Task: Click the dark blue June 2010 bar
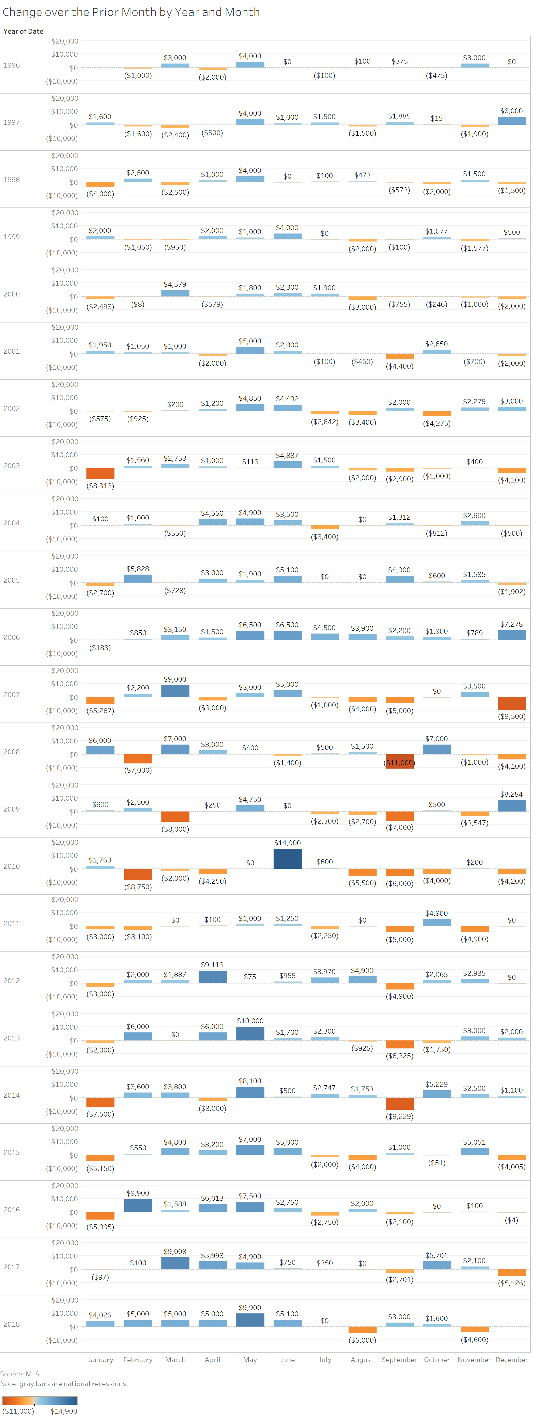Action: click(x=287, y=859)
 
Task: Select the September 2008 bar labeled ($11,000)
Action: click(x=399, y=761)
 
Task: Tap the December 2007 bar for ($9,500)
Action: click(x=512, y=703)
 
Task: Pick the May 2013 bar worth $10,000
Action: click(x=250, y=1034)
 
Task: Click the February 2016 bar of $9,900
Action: click(x=138, y=1205)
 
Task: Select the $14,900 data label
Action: click(x=287, y=843)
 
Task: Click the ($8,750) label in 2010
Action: click(x=138, y=887)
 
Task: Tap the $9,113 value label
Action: click(x=212, y=965)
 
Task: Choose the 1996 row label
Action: click(x=11, y=65)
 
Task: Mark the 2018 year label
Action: click(x=11, y=1324)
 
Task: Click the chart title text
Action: click(x=131, y=12)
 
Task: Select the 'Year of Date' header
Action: click(x=23, y=31)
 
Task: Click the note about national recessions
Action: click(x=64, y=1384)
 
